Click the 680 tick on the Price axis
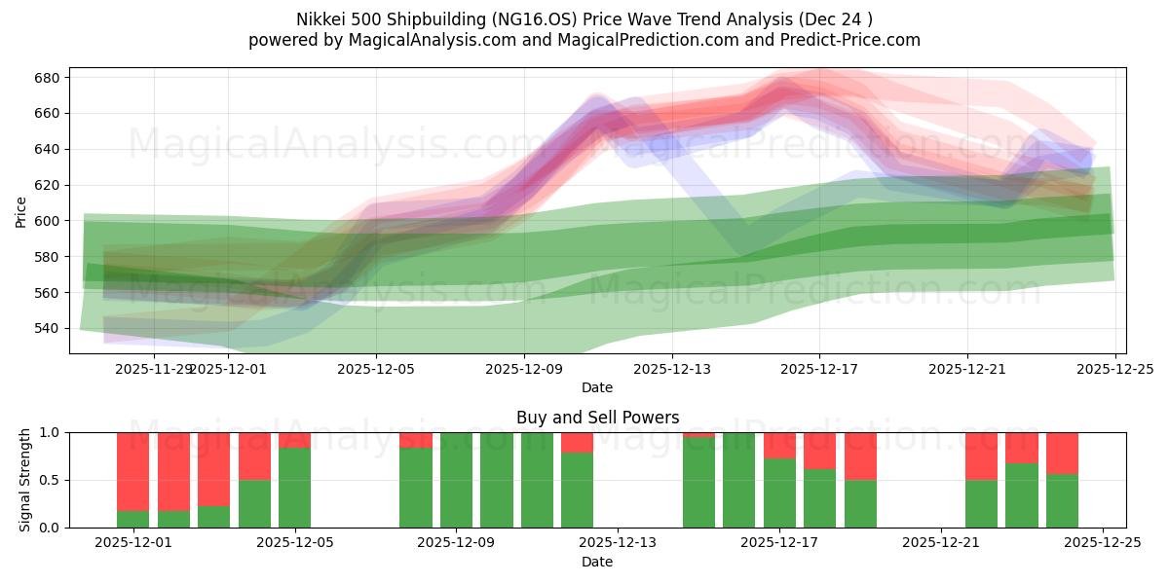click(48, 78)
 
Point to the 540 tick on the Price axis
click(48, 328)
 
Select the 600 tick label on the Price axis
click(48, 221)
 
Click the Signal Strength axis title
click(25, 480)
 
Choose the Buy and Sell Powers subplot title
click(597, 418)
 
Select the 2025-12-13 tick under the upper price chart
click(672, 369)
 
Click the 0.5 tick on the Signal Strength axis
click(48, 480)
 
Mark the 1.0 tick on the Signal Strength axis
click(48, 432)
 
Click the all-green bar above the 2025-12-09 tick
click(456, 480)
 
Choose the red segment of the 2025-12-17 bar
click(779, 445)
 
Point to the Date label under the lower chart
click(597, 562)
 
